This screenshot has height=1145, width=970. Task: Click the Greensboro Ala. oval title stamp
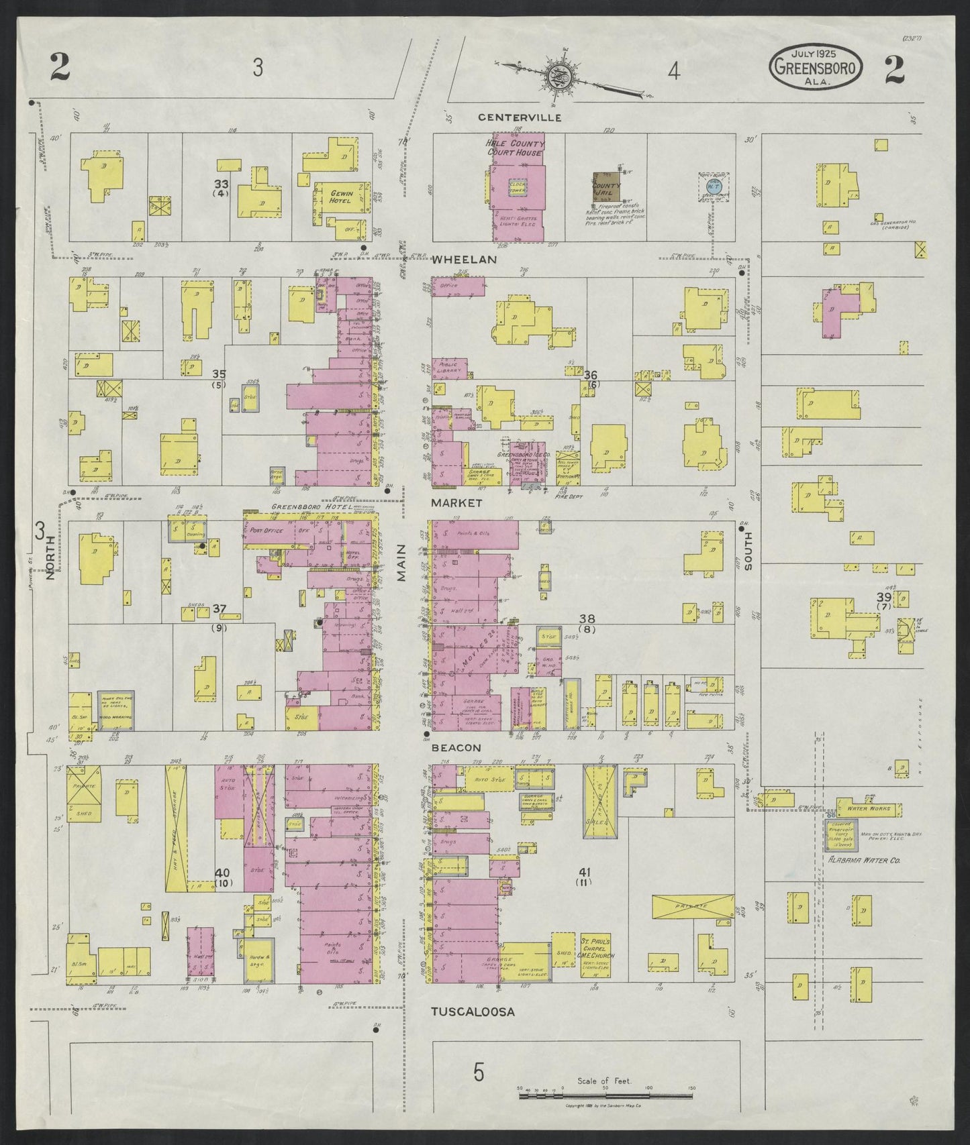tap(816, 66)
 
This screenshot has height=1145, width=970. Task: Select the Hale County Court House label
tap(516, 148)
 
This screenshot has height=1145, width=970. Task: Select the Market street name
tap(456, 502)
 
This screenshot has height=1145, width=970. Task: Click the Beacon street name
tap(456, 747)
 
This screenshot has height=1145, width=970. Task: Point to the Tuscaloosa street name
tap(473, 1012)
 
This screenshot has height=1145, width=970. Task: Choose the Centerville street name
tap(510, 117)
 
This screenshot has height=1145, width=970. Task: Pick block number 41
tap(584, 872)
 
